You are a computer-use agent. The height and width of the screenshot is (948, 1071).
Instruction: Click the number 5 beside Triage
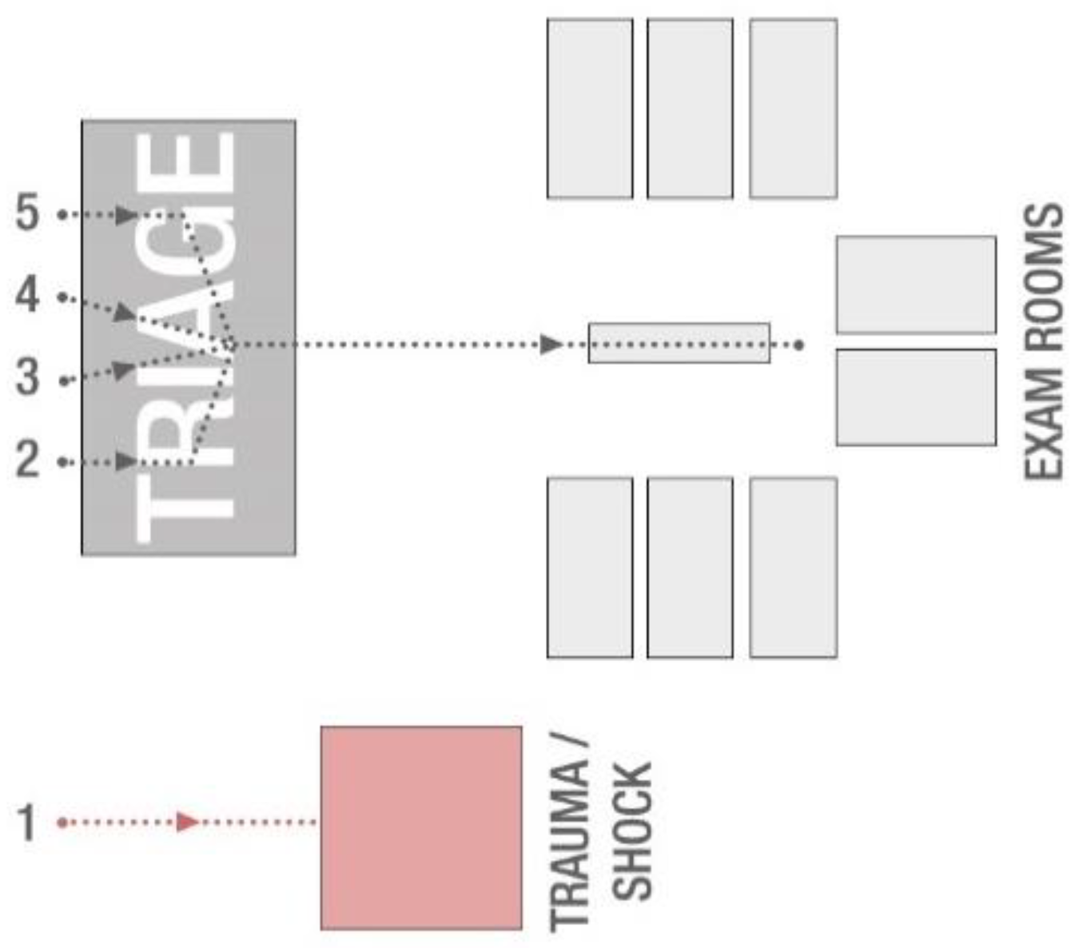click(27, 213)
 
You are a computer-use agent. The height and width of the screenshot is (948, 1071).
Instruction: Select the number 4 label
click(27, 295)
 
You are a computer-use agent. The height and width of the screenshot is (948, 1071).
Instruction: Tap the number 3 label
click(27, 377)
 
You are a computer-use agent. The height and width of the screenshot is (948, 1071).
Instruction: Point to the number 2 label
click(27, 460)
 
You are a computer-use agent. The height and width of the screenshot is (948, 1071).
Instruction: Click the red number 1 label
click(27, 823)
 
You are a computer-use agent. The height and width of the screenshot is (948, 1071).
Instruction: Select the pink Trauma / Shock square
click(421, 827)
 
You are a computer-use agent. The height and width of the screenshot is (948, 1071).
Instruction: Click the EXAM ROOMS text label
click(1045, 341)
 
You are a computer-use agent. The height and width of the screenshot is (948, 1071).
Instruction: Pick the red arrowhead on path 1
click(189, 822)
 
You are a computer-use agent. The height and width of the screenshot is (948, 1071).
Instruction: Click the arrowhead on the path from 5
click(126, 214)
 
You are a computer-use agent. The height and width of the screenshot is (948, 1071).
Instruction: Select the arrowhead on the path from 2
click(126, 461)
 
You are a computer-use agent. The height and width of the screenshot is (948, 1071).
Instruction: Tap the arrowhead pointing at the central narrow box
click(551, 345)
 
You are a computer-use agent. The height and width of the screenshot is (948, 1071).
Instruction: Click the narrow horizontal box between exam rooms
click(679, 343)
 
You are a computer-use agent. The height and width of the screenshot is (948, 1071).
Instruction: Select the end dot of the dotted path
click(798, 345)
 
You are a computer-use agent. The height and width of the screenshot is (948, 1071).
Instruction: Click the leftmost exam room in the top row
click(590, 109)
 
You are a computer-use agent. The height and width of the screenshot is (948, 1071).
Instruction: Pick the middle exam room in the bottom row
click(690, 568)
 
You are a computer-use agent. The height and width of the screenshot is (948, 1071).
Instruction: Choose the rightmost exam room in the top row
click(793, 109)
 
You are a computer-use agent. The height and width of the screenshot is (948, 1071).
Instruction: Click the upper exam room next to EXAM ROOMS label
click(916, 285)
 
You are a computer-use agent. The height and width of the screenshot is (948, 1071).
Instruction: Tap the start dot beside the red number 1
click(62, 822)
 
